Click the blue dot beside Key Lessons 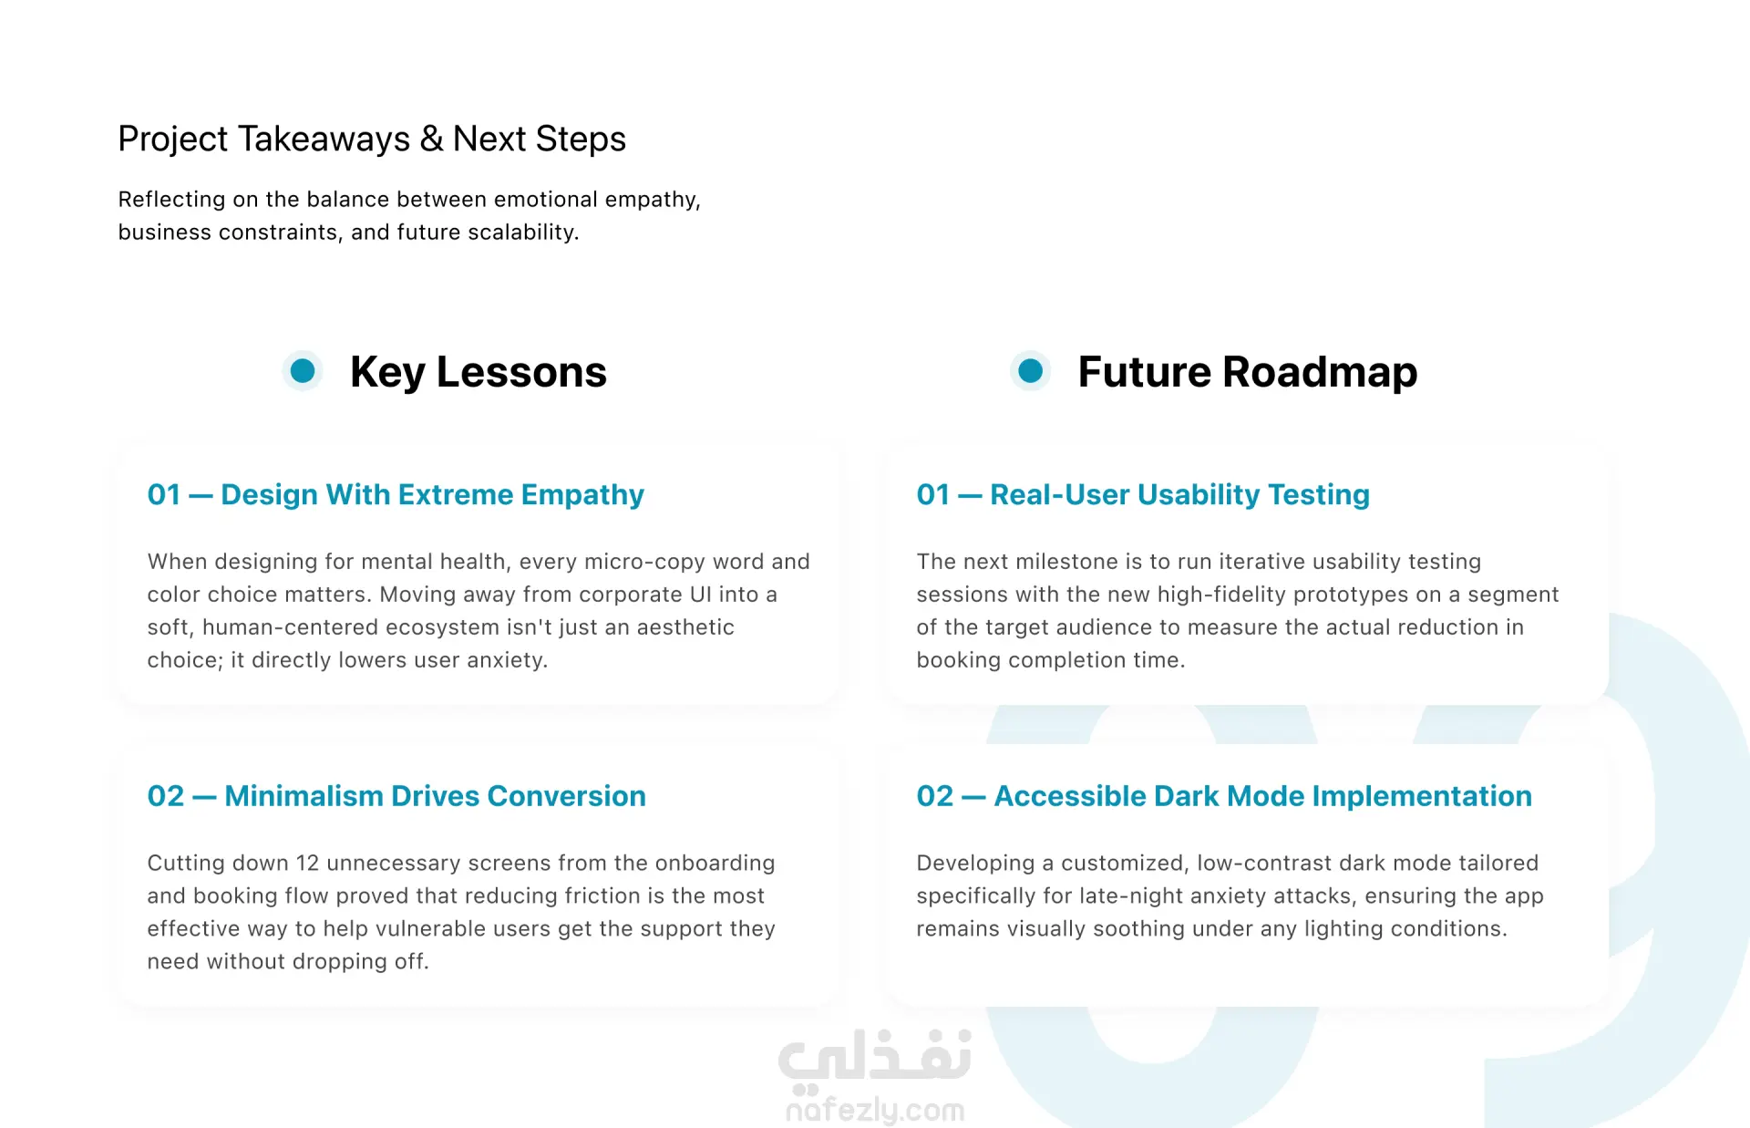(303, 371)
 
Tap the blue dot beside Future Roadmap (1031, 371)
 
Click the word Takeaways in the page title (324, 139)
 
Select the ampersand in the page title (432, 139)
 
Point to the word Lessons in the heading (521, 372)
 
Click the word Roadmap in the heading (1320, 372)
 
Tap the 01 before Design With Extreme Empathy (164, 494)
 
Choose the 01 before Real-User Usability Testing (933, 494)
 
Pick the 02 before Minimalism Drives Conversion (166, 796)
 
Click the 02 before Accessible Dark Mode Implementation (935, 796)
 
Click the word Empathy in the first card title (582, 495)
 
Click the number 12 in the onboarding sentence (308, 863)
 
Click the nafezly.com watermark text (875, 1110)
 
